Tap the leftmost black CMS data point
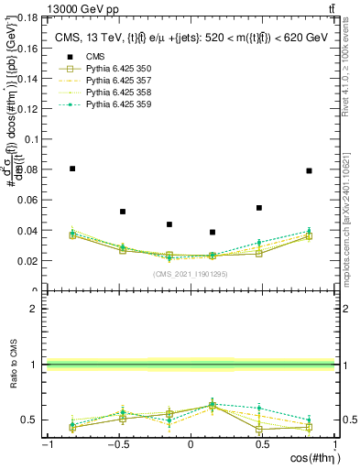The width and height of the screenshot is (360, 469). click(72, 169)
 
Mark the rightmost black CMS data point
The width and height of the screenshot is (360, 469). click(309, 170)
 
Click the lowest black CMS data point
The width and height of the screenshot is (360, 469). click(213, 232)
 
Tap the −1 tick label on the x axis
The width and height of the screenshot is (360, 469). click(47, 444)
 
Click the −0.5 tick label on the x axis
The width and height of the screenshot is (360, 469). click(117, 444)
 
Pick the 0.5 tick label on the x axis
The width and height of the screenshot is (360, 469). click(262, 444)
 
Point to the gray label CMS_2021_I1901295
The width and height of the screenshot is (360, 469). click(190, 274)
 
